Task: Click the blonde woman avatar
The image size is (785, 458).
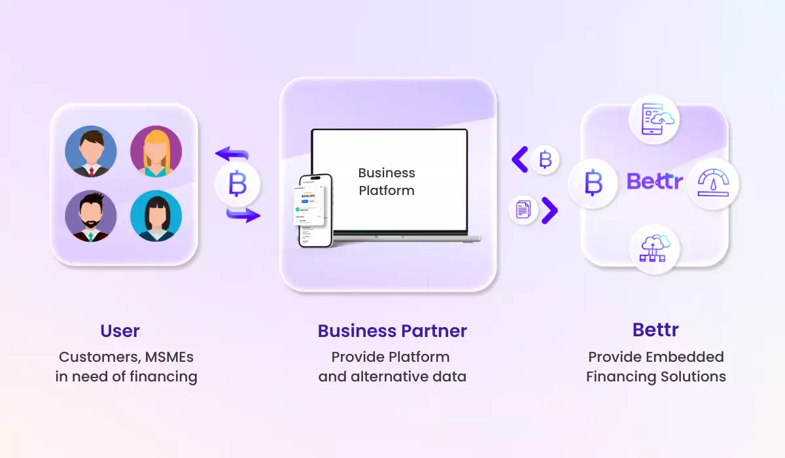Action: point(156,152)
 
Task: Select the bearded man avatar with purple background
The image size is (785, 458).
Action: point(91,216)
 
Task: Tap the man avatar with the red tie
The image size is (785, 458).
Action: point(91,152)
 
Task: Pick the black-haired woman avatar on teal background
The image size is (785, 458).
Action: point(156,216)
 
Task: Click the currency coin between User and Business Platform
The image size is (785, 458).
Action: point(237,185)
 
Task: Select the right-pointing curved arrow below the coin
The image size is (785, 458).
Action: point(243,214)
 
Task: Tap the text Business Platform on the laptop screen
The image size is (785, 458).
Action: point(387,181)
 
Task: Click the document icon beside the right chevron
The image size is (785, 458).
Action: point(523,211)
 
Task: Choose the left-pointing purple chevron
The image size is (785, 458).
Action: point(520,160)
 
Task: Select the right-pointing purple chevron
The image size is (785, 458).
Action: point(549,211)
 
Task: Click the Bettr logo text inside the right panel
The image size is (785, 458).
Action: point(654,181)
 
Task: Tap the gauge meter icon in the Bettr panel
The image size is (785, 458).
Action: point(714,183)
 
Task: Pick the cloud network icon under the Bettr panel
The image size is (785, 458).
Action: point(655,249)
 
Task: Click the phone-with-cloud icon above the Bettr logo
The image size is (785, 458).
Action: point(655,120)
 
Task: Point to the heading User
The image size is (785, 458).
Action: point(120,330)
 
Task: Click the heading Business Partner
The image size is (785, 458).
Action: point(392,330)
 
